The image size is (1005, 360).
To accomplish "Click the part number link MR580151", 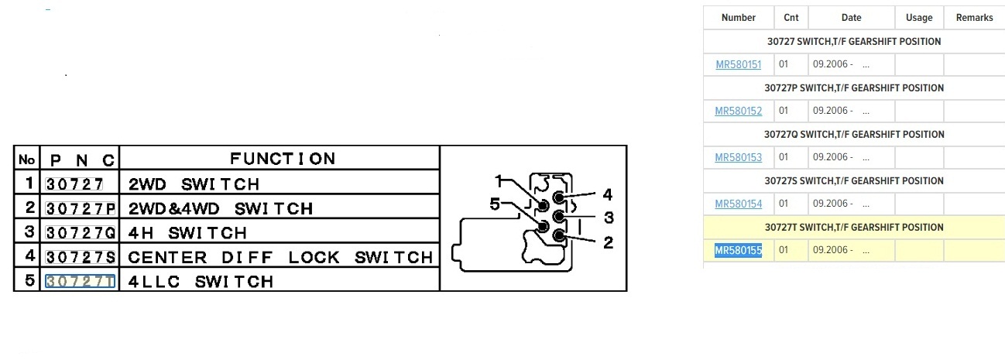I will tap(738, 65).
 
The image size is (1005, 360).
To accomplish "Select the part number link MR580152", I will tap(738, 111).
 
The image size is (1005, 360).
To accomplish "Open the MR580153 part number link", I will tap(738, 158).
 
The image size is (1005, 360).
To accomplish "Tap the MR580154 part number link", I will tap(738, 204).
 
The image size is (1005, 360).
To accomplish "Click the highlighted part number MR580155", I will tap(738, 251).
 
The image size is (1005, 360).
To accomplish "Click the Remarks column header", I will tap(974, 18).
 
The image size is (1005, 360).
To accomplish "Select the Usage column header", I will tap(919, 18).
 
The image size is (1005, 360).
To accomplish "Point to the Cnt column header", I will tap(791, 18).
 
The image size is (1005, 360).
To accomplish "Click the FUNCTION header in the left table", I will tap(283, 159).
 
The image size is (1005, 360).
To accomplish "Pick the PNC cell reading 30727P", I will tap(81, 208).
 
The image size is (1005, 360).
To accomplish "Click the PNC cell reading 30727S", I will tap(81, 257).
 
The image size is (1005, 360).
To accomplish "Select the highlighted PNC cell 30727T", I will tap(81, 281).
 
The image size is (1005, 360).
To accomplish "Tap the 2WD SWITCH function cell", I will tap(194, 184).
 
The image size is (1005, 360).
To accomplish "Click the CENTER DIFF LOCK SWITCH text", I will tap(280, 257).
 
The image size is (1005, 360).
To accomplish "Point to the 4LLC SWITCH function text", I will tap(201, 281).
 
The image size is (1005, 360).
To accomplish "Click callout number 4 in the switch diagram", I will tap(608, 194).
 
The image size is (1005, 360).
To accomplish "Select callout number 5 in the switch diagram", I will tap(496, 205).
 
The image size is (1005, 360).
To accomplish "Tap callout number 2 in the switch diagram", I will tap(608, 242).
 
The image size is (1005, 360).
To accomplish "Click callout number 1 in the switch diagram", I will tap(500, 181).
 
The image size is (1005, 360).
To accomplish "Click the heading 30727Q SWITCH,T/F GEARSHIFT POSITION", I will tap(853, 135).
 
